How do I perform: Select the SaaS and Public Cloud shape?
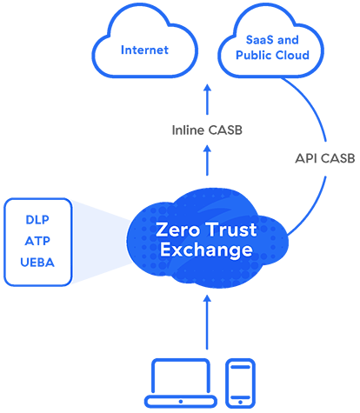(272, 49)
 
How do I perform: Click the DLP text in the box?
(36, 220)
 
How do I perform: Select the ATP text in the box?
(36, 241)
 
